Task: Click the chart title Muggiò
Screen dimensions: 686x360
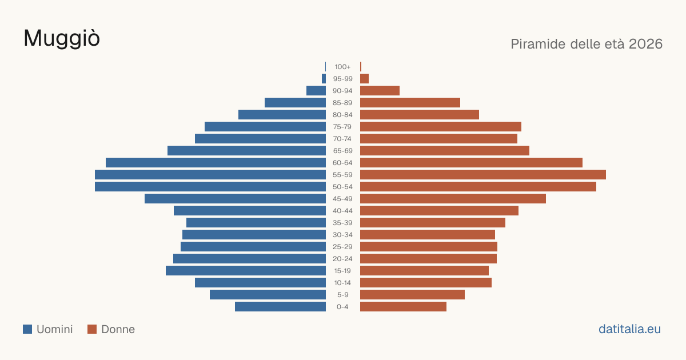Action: point(62,38)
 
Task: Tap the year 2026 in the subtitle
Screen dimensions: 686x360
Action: point(645,44)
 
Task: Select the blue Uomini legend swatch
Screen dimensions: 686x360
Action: point(27,329)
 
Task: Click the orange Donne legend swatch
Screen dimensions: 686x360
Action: point(92,329)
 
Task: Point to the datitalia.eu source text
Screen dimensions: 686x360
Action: point(629,329)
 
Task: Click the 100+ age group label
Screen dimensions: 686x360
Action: point(342,67)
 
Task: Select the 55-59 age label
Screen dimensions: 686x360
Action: point(342,175)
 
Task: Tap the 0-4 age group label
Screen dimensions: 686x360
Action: point(342,307)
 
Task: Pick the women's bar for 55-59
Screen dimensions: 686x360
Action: point(483,175)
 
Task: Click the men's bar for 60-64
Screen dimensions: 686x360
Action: point(216,162)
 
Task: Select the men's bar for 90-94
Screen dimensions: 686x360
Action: point(316,91)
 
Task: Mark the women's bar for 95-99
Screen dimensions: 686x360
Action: point(365,79)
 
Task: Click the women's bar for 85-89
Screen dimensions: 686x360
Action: point(410,102)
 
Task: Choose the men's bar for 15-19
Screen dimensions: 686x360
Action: point(246,271)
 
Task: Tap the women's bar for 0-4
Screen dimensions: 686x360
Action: point(404,307)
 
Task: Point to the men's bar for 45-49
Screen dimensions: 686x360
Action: point(235,199)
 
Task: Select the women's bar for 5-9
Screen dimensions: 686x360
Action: point(413,295)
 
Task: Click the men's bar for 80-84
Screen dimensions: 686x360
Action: point(282,115)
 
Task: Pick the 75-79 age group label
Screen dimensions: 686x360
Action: point(342,127)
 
